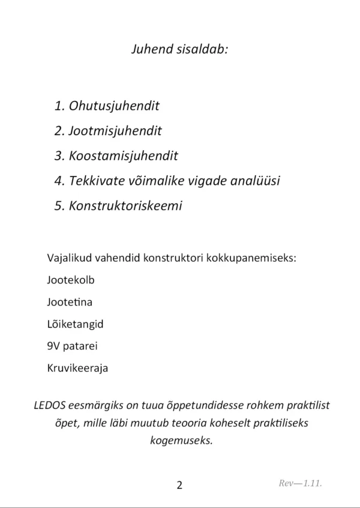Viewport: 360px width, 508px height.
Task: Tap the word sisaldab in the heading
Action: pyautogui.click(x=203, y=49)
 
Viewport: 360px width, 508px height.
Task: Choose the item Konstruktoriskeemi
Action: pyautogui.click(x=125, y=205)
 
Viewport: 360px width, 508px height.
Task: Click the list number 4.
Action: pyautogui.click(x=58, y=181)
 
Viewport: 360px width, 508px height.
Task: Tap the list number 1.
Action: pyautogui.click(x=58, y=106)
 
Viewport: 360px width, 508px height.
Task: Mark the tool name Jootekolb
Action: pyautogui.click(x=70, y=280)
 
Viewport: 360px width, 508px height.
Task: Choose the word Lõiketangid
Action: pyautogui.click(x=75, y=324)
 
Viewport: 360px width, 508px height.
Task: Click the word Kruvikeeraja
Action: pyautogui.click(x=77, y=368)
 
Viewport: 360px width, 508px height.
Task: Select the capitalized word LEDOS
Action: pyautogui.click(x=50, y=405)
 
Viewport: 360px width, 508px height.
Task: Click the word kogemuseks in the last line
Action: pyautogui.click(x=180, y=440)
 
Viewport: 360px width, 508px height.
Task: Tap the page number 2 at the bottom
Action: pyautogui.click(x=179, y=485)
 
